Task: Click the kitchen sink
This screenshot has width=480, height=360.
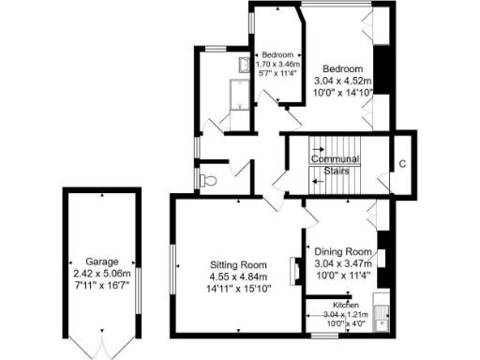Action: (x=382, y=317)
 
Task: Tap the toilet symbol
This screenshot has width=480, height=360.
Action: (x=209, y=178)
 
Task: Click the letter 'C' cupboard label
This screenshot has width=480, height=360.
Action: (x=401, y=164)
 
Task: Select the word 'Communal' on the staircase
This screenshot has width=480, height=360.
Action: (x=336, y=158)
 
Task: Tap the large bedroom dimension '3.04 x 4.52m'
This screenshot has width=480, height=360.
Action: (x=343, y=82)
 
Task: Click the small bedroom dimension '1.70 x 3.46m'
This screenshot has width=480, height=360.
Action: (x=277, y=64)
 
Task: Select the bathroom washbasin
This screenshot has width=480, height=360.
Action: (x=243, y=66)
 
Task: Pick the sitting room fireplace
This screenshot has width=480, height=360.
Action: (x=292, y=263)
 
